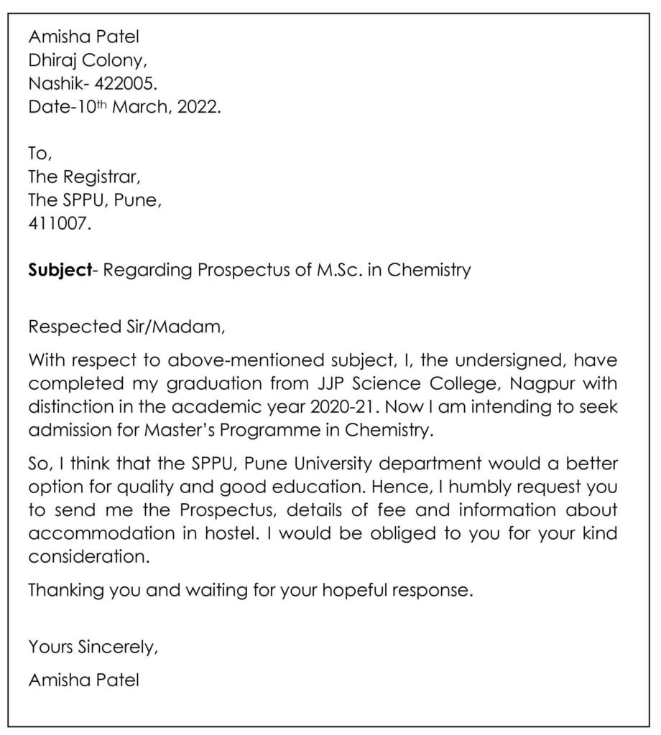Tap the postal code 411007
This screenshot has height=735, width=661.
point(60,223)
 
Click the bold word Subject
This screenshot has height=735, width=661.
point(61,271)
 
